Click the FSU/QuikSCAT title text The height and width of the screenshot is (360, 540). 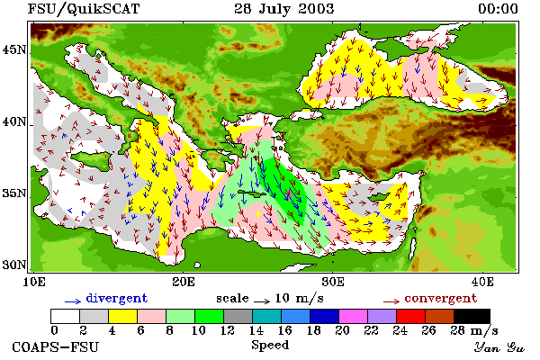coord(84,9)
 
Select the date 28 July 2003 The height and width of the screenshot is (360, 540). coord(284,8)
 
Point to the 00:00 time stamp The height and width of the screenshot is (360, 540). coord(498,9)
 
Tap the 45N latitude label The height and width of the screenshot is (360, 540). coord(14,50)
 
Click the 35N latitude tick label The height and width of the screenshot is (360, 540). coord(14,193)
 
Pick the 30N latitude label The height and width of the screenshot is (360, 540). coord(14,265)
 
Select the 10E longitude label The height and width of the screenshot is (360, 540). coord(34,282)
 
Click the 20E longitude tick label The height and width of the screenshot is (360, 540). coord(184,282)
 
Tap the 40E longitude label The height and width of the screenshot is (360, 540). coord(482,282)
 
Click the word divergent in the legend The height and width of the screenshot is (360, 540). coord(117,298)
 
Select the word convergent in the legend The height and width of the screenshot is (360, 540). coord(441,298)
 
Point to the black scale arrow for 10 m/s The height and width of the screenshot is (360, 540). coord(262,301)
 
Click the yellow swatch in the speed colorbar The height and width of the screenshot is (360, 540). coord(123,316)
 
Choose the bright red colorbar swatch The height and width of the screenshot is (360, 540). coord(411,316)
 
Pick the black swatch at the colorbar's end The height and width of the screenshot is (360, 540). coord(472,316)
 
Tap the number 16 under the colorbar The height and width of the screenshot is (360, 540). coord(285,330)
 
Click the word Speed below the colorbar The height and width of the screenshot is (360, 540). coord(270,346)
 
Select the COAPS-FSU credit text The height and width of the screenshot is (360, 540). coord(56,346)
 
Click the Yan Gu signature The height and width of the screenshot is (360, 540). coord(499,347)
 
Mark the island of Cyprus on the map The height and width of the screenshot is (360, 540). coord(379,197)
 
